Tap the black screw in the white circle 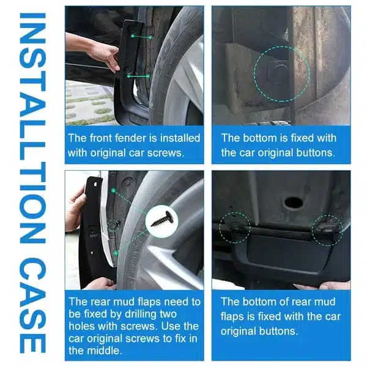162,220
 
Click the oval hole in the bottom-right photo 294,202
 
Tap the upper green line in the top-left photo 142,37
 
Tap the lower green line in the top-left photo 139,76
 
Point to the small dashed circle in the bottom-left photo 114,220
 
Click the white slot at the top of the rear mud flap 95,185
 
